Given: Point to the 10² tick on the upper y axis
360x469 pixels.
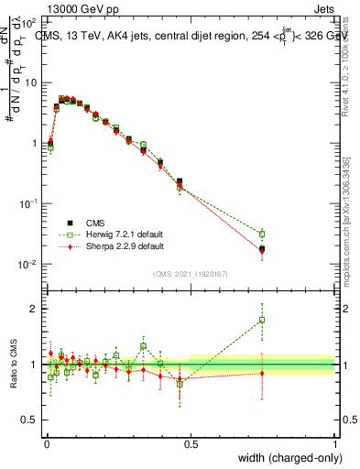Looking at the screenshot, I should click(x=30, y=21).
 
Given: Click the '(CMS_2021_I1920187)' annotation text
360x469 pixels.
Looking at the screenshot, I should click(x=191, y=274).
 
